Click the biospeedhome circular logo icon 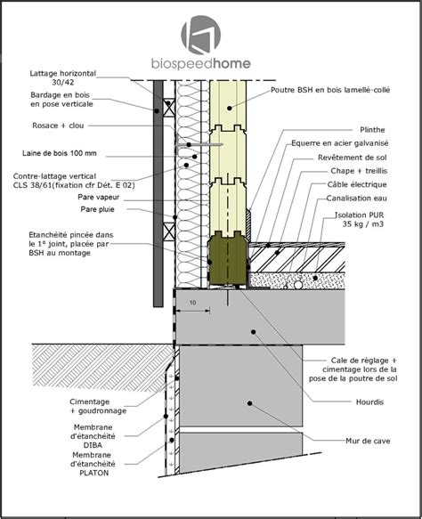click(x=200, y=35)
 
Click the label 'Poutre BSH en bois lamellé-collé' click(x=330, y=90)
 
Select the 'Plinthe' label click(x=372, y=130)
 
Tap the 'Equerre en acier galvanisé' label click(x=340, y=143)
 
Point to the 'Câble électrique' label click(x=357, y=184)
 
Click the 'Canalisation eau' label click(x=356, y=198)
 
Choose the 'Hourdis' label click(x=369, y=401)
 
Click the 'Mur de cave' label click(x=368, y=441)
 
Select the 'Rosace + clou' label click(x=58, y=126)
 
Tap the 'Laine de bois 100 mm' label click(x=60, y=153)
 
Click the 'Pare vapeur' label click(x=98, y=197)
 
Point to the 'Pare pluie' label click(x=97, y=209)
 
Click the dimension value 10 click(x=192, y=303)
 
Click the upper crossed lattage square click(x=169, y=108)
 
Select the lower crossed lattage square click(x=169, y=231)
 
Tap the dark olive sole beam click(x=228, y=259)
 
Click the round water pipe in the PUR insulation click(x=298, y=285)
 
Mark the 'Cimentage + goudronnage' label click(x=98, y=406)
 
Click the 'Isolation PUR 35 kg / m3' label click(x=360, y=220)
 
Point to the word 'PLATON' click(x=94, y=473)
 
